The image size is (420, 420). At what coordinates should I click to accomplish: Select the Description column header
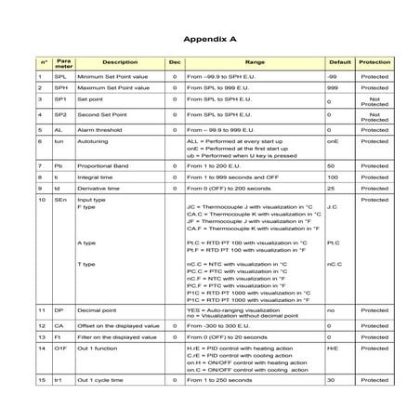pyautogui.click(x=119, y=61)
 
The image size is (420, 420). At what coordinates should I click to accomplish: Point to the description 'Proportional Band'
pyautogui.click(x=103, y=164)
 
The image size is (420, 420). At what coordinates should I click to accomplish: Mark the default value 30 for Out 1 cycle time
pyautogui.click(x=331, y=380)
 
